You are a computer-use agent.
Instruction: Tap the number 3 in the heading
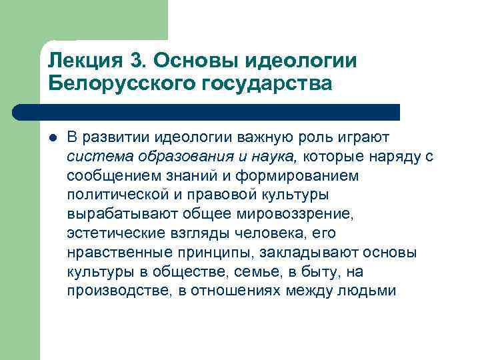pyautogui.click(x=138, y=61)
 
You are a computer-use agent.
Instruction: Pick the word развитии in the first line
pyautogui.click(x=114, y=137)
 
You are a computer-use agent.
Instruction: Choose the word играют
pyautogui.click(x=365, y=137)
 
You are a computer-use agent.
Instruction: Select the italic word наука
pyautogui.click(x=278, y=157)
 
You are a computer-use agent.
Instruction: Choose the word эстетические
pyautogui.click(x=109, y=234)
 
